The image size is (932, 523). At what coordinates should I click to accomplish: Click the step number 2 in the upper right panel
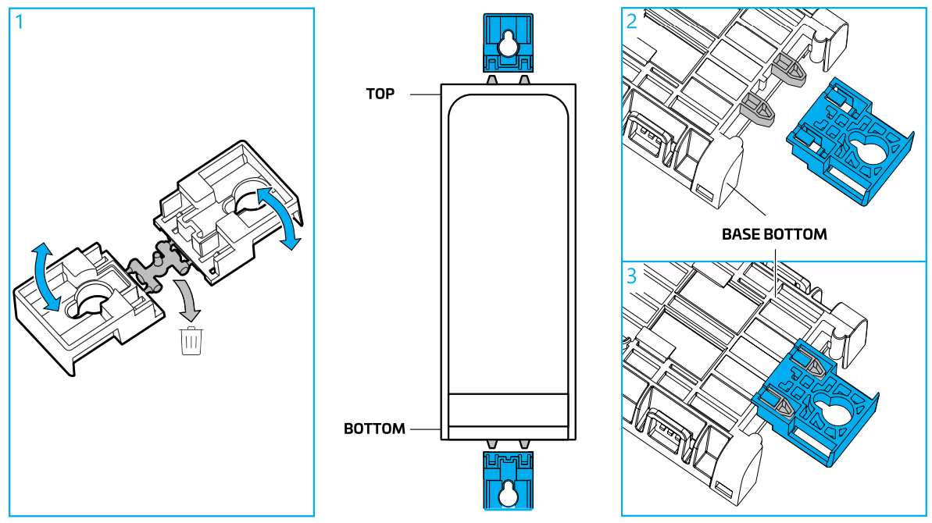[x=632, y=22]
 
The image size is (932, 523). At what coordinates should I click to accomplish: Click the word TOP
[x=380, y=94]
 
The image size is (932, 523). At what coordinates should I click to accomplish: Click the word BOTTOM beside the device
[x=374, y=429]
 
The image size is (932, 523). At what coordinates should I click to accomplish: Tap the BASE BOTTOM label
[x=773, y=234]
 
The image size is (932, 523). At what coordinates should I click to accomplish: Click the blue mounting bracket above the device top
[x=508, y=44]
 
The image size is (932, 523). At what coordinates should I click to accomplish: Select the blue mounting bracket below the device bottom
[x=508, y=481]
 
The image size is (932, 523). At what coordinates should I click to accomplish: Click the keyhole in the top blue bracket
[x=508, y=45]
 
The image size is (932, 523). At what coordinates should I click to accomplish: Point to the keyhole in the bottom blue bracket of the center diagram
[x=508, y=493]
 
